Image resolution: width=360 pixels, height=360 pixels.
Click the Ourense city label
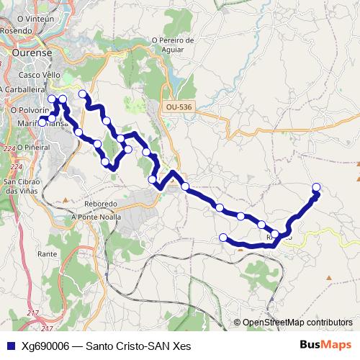[30, 53]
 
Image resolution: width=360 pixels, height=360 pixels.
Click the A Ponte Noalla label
[96, 216]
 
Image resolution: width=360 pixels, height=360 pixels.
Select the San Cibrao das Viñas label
[22, 186]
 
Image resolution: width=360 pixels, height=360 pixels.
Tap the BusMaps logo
[325, 345]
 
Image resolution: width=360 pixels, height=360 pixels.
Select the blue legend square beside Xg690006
[9, 346]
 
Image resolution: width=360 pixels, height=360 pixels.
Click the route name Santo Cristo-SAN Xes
[138, 346]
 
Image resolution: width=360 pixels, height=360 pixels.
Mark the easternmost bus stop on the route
[315, 189]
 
